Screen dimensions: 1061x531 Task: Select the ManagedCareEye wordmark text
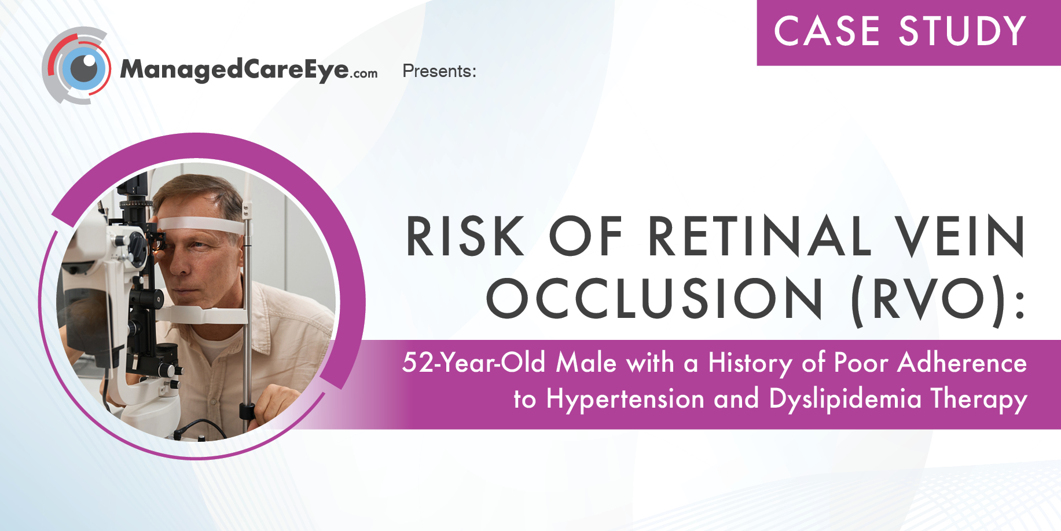point(234,69)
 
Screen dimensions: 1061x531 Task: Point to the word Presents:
point(439,71)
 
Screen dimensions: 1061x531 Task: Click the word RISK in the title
point(465,236)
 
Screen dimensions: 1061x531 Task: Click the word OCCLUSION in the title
point(654,298)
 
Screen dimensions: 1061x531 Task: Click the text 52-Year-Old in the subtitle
point(474,363)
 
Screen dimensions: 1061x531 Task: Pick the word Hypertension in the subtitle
point(625,399)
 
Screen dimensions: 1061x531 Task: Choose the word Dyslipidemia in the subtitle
point(845,399)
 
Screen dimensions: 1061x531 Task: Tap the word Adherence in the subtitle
point(962,362)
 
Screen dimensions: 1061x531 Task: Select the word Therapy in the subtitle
point(979,399)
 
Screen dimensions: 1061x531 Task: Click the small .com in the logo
point(364,74)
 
